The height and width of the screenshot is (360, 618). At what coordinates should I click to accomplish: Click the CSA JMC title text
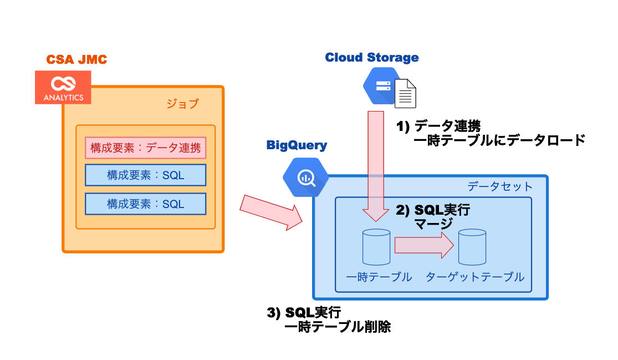(76, 60)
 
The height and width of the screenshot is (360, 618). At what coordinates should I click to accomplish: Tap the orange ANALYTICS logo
(63, 87)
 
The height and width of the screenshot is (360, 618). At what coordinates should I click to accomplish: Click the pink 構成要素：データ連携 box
(145, 148)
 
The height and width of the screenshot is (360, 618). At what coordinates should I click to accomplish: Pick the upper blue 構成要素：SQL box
(145, 175)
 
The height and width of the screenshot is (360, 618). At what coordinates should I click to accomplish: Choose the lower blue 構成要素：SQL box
(145, 204)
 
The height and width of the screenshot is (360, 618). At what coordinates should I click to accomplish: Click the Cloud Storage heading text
(371, 58)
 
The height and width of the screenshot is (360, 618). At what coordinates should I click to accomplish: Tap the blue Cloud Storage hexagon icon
(382, 86)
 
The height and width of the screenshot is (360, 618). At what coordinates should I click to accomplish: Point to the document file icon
(405, 93)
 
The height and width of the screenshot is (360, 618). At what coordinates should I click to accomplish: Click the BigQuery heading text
(297, 146)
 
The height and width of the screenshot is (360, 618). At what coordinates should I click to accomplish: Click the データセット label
(499, 186)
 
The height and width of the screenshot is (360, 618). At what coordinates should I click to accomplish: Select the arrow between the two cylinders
(424, 245)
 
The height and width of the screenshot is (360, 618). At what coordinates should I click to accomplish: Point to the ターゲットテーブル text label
(474, 277)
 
